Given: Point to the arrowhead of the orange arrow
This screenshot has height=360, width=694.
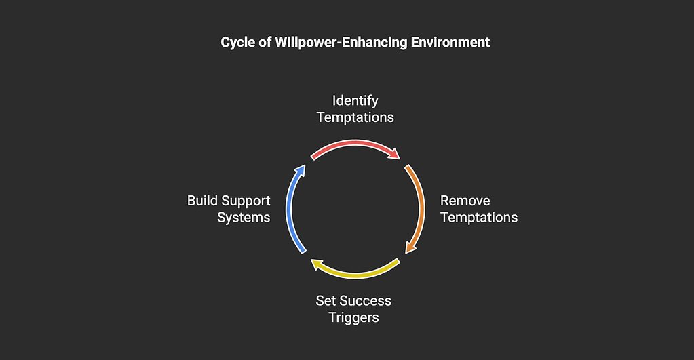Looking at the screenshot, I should point(409,247).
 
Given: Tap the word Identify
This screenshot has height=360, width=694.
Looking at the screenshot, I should point(355,100).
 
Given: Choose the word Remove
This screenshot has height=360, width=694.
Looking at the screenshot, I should point(465,201).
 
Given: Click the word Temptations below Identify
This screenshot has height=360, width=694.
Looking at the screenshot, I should point(355,117).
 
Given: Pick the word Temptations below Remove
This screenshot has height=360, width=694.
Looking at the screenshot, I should point(479,218).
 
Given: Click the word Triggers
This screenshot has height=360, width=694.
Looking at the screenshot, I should point(353,317).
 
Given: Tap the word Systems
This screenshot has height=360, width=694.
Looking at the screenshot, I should point(244,218).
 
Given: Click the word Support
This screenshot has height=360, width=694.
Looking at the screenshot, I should point(248,201).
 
